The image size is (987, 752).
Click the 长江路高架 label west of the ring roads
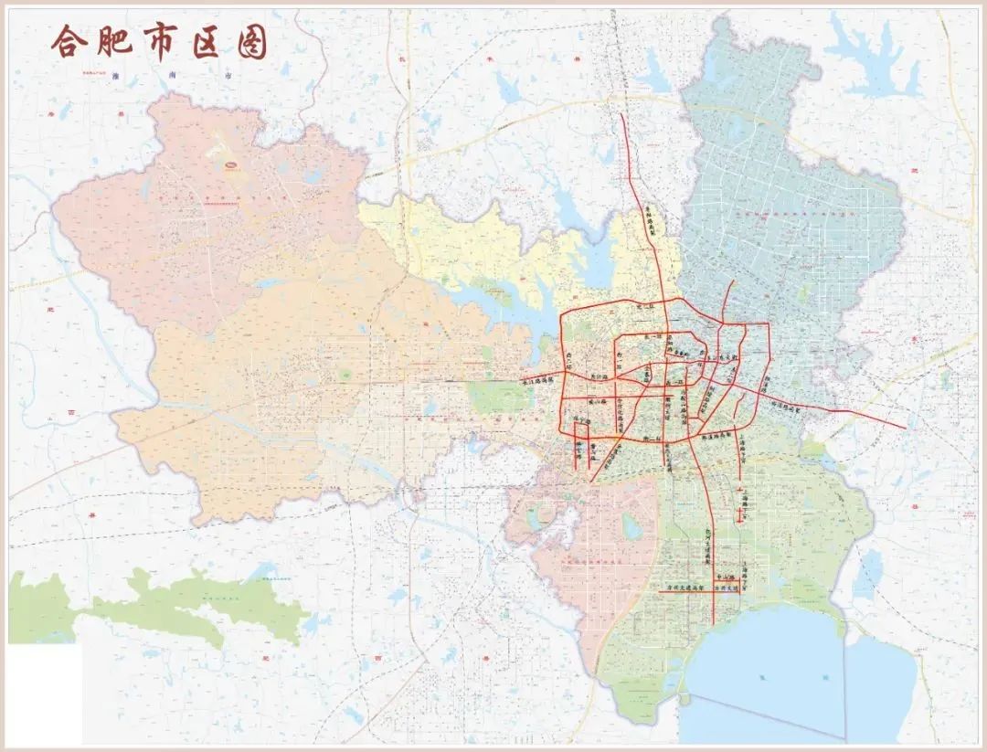click(x=539, y=383)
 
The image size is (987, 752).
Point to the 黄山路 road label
click(x=598, y=400)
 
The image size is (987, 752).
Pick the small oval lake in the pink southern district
click(x=631, y=524)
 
